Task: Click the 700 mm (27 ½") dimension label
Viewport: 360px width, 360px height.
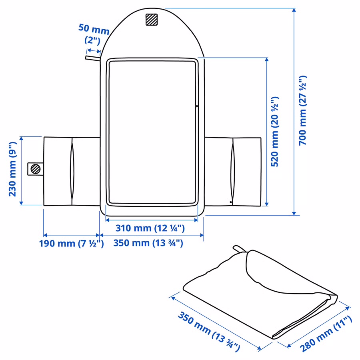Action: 303,110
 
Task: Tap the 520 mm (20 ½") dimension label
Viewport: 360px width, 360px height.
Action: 275,132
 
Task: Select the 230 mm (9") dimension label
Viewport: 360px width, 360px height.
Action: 12,169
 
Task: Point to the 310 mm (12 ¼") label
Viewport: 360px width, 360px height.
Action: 150,228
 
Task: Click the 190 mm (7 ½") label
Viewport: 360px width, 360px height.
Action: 72,243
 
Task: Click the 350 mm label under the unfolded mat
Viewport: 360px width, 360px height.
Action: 148,243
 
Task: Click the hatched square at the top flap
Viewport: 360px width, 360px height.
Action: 152,20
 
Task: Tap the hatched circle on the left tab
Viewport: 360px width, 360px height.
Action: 36,169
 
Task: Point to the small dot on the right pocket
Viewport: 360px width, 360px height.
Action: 231,202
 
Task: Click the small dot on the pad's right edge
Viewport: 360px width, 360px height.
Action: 197,106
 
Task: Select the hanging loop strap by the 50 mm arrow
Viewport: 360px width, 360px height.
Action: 93,58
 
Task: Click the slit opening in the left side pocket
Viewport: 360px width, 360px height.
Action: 72,172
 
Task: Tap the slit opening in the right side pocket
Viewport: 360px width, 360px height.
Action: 233,172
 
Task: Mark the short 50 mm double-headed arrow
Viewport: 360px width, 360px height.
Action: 94,50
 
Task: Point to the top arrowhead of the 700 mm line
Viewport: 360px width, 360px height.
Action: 294,10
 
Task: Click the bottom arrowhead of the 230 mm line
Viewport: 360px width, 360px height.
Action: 21,203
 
